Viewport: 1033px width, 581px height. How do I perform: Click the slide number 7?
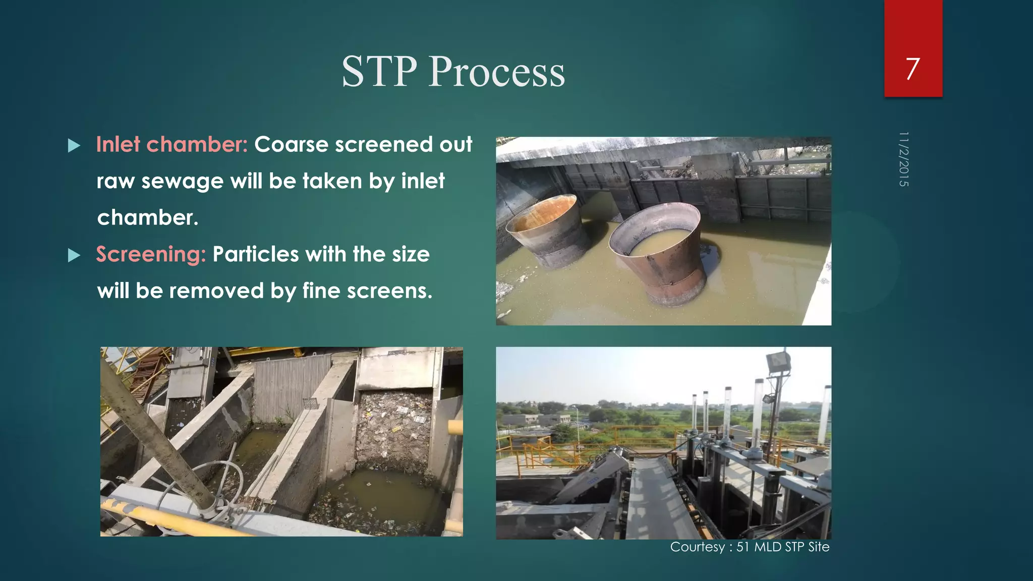point(912,69)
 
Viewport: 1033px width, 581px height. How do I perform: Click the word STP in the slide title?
point(379,72)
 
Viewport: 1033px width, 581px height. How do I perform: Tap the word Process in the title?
point(497,72)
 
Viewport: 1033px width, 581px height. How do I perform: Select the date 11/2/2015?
point(903,159)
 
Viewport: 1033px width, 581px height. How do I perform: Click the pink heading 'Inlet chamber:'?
point(171,145)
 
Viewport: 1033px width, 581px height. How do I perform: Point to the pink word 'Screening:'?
point(151,254)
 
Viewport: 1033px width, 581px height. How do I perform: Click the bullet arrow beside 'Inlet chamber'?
point(74,146)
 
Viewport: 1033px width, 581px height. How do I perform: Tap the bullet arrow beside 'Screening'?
point(74,255)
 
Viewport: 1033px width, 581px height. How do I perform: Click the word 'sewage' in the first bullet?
point(182,181)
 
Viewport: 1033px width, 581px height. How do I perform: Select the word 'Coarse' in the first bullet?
point(291,145)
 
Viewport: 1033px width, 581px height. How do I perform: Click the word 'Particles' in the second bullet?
point(255,254)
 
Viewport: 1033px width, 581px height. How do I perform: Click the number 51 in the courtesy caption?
point(742,547)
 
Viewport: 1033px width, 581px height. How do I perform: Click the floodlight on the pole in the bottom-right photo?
point(777,362)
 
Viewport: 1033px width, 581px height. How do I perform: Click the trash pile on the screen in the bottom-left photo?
point(393,429)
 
